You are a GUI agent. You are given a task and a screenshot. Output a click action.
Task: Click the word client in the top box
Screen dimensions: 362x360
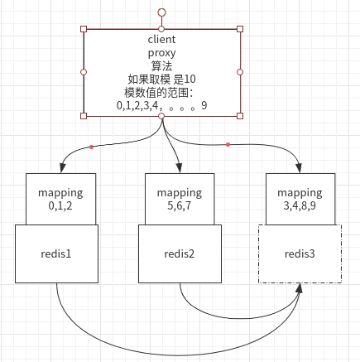[161, 39]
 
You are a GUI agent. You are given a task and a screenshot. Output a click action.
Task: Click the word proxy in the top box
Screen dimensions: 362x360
[161, 52]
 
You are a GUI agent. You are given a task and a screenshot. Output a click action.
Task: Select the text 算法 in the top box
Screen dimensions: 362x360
[161, 65]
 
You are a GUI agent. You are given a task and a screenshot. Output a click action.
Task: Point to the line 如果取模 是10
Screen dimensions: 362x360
[161, 79]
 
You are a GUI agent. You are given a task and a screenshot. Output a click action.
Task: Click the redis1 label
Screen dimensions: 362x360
[56, 253]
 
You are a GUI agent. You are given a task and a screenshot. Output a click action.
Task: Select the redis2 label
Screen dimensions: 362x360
[180, 253]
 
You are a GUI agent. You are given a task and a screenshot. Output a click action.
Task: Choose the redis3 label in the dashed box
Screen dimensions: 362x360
[300, 253]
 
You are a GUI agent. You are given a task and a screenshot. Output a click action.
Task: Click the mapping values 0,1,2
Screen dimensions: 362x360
[60, 205]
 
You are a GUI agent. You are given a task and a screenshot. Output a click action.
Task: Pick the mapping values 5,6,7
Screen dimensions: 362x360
[180, 205]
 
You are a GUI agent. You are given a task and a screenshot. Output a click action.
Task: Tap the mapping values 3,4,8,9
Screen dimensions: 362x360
[300, 205]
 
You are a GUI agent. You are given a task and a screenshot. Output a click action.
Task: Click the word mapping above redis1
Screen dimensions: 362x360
[60, 192]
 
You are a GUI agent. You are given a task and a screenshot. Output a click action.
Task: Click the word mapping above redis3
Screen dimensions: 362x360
[300, 192]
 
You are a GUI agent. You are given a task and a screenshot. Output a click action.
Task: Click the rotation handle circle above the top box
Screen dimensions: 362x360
[161, 13]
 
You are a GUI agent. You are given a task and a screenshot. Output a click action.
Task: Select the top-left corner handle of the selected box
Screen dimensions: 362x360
[83, 29]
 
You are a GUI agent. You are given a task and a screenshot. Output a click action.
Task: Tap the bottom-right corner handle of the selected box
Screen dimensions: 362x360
[240, 116]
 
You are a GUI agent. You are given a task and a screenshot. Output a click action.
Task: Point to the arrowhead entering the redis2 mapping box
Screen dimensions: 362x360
[178, 168]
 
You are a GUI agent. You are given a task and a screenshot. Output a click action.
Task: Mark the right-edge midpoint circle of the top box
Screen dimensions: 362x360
[240, 72]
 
